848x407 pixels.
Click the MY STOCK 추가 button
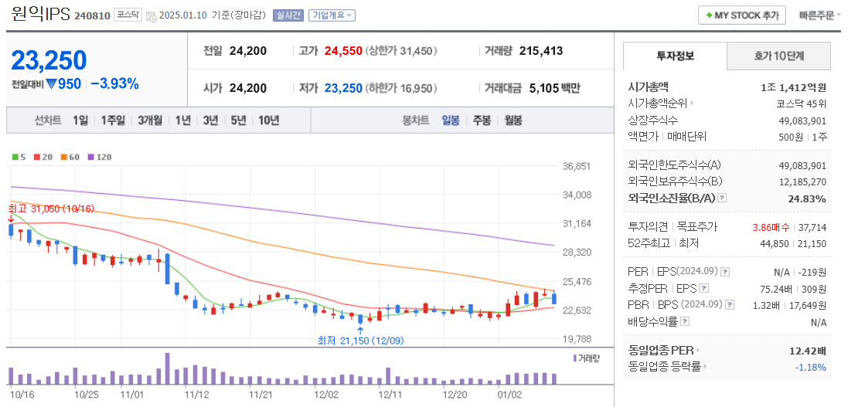(741, 15)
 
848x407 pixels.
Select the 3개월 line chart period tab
(150, 120)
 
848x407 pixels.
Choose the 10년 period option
(269, 120)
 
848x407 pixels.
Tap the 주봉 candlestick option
(482, 120)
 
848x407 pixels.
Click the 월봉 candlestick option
(513, 120)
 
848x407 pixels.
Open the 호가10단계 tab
(778, 56)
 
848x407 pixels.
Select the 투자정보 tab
(675, 56)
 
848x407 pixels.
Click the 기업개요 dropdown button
(332, 15)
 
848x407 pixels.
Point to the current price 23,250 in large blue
(49, 59)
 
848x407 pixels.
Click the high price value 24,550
(343, 51)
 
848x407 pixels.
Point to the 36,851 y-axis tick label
(577, 166)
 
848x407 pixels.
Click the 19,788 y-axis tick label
(577, 339)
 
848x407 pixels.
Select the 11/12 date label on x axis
(196, 394)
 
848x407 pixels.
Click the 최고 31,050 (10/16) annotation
(51, 209)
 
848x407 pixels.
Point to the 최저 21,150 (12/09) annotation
(360, 340)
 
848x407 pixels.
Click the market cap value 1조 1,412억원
(793, 87)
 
